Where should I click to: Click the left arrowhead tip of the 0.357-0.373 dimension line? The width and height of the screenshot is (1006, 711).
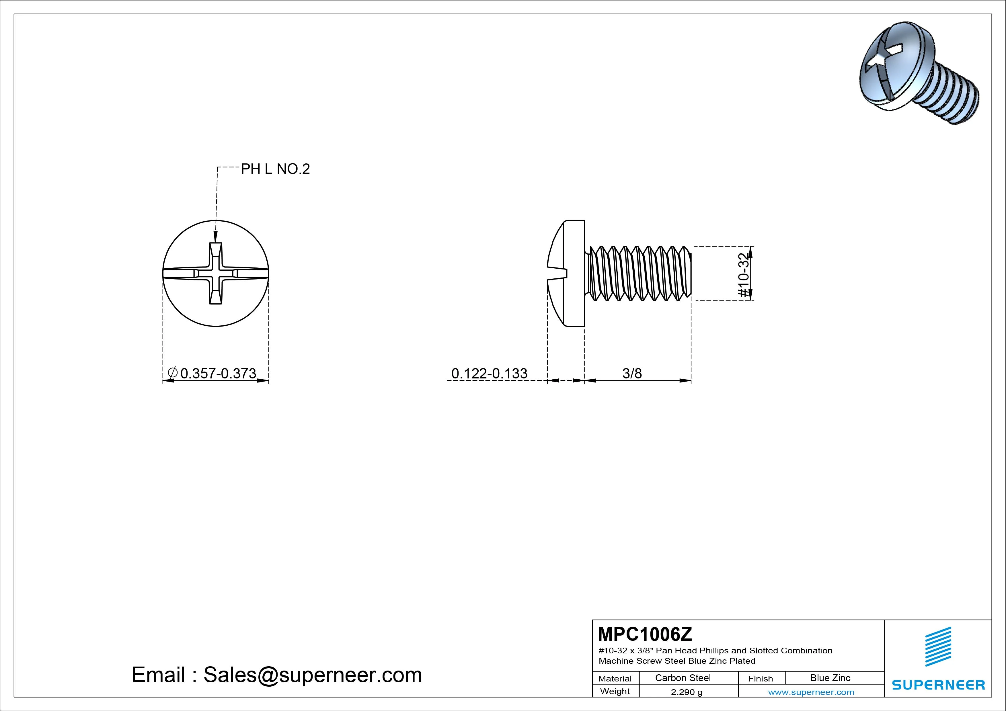(163, 381)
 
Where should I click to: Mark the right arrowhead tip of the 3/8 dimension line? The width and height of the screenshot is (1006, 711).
(691, 381)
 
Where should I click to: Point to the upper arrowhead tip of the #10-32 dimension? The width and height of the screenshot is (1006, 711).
(750, 247)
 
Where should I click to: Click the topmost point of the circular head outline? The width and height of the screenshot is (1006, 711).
(216, 220)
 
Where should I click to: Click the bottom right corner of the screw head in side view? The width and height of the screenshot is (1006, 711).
(584, 326)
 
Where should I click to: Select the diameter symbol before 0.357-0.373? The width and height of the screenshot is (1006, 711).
(173, 373)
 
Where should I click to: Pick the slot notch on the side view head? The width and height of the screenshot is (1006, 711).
(557, 273)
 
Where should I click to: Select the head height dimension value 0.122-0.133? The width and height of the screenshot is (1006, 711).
(490, 373)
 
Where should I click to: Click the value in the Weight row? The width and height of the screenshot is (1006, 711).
(687, 692)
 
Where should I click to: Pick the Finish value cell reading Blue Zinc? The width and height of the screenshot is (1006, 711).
(830, 678)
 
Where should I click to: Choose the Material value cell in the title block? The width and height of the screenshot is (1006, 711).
(683, 678)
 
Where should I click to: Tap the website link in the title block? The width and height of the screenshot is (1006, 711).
(811, 692)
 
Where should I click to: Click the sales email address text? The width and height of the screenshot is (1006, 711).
(312, 675)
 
